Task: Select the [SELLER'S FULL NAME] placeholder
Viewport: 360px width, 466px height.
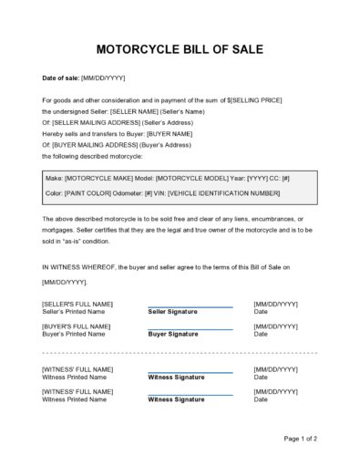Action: [x=77, y=303]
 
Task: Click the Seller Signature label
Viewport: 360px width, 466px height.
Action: [x=172, y=311]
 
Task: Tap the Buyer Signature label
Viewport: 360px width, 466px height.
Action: [x=172, y=334]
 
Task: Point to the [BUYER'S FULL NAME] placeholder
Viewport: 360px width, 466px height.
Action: [x=76, y=326]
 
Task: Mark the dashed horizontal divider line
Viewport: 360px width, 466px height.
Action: [x=180, y=350]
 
